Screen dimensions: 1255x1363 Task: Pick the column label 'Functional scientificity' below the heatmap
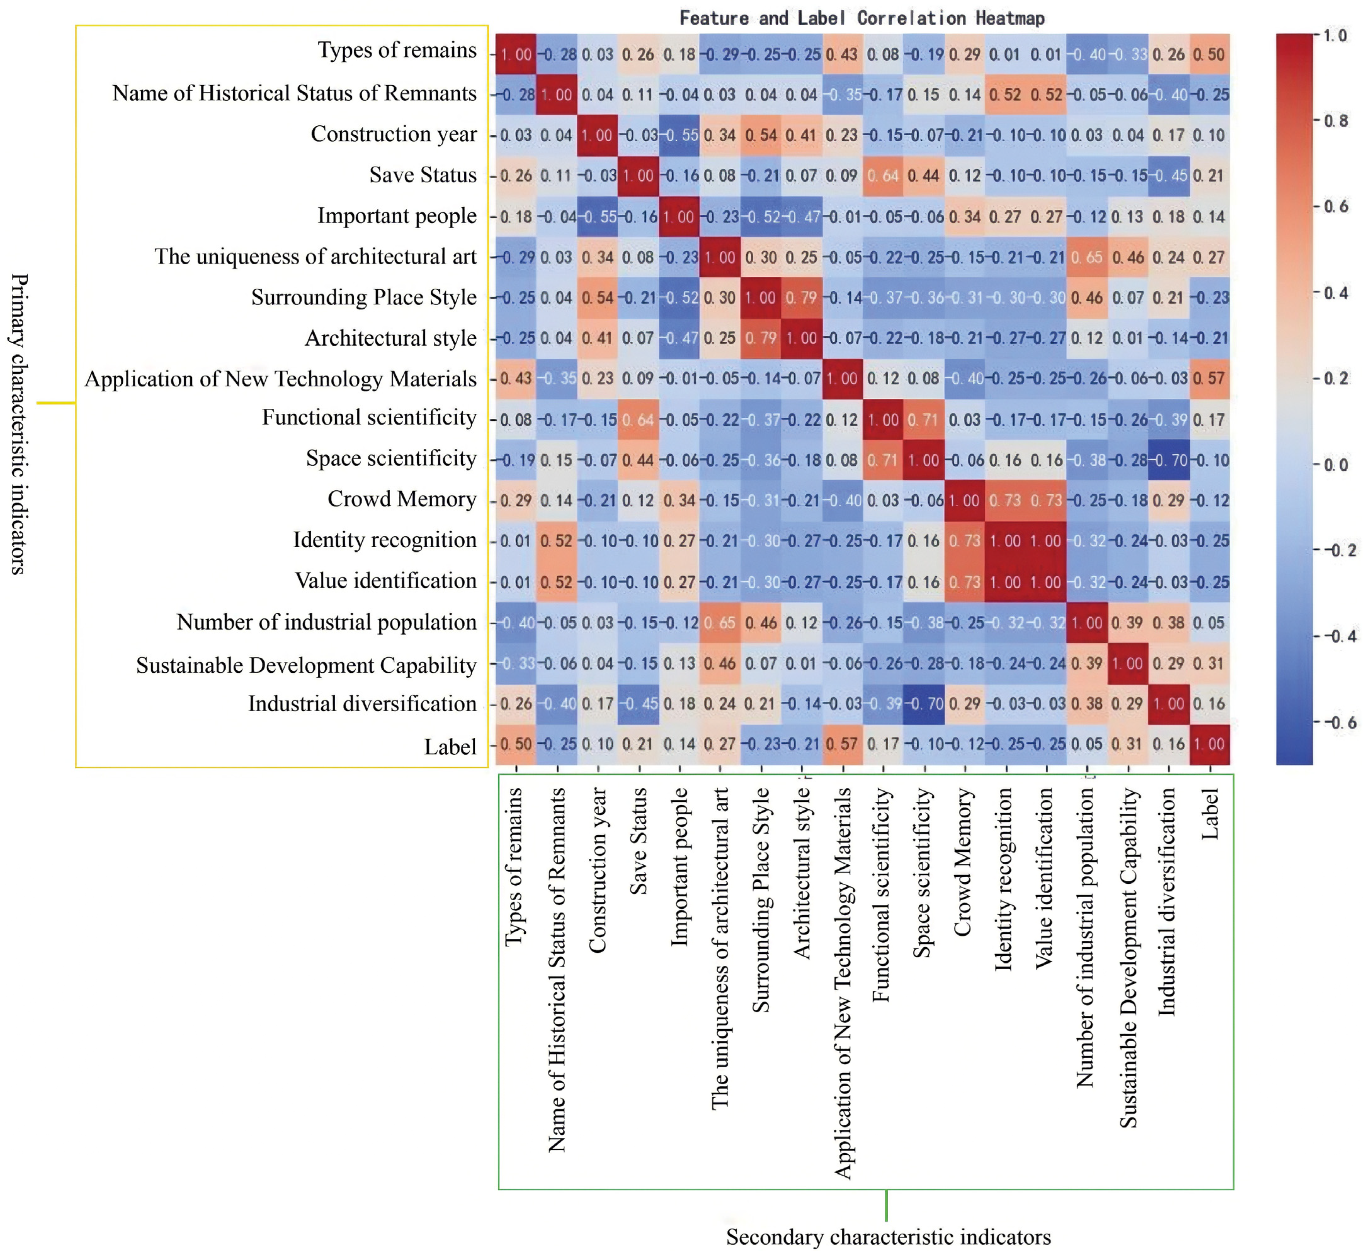tap(882, 895)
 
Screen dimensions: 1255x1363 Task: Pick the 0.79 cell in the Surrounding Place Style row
tap(801, 297)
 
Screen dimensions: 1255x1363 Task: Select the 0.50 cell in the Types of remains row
tap(1209, 54)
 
